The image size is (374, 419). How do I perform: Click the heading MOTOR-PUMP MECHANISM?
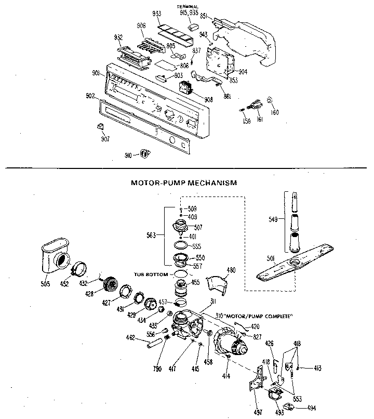pos(184,182)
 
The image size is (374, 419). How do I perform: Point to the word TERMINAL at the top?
pos(188,6)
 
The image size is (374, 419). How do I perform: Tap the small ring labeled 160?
pos(270,100)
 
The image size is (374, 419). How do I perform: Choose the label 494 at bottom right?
pos(311,408)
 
